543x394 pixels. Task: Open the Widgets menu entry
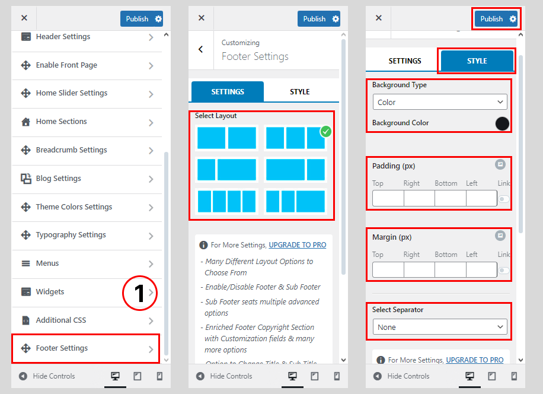[x=50, y=292]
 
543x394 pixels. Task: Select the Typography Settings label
[x=71, y=235]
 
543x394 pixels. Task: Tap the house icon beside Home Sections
[x=25, y=122]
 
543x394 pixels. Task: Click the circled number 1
[x=140, y=293]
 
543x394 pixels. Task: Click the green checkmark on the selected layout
[x=325, y=132]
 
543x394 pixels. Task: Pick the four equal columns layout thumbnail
[x=227, y=201]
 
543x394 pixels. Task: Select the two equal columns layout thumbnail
[x=227, y=138]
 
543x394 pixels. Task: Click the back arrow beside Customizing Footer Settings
[x=201, y=49]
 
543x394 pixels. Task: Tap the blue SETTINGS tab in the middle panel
[x=228, y=92]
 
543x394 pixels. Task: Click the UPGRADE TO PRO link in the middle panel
[x=298, y=245]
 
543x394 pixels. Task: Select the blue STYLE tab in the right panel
[x=477, y=61]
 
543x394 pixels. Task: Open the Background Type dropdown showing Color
[x=440, y=102]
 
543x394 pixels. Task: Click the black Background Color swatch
[x=502, y=123]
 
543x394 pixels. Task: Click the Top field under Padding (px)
[x=388, y=199]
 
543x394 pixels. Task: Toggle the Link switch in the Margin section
[x=504, y=271]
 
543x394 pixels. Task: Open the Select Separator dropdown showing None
[x=440, y=327]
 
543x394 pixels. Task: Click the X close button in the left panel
[x=24, y=18]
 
